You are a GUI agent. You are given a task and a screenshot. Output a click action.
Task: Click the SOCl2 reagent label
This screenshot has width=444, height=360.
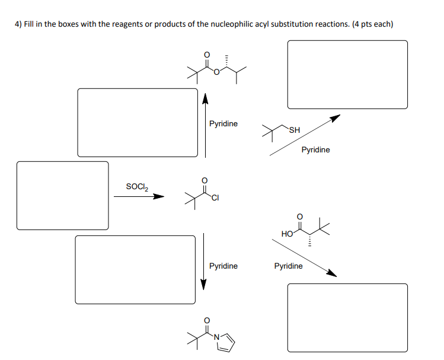pyautogui.click(x=137, y=187)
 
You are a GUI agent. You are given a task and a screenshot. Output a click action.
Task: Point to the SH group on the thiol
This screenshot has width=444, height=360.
pyautogui.click(x=295, y=130)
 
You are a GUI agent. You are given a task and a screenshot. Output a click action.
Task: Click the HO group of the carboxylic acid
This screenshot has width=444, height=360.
pyautogui.click(x=287, y=234)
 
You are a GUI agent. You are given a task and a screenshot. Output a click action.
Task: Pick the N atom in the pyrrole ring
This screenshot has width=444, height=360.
pyautogui.click(x=217, y=337)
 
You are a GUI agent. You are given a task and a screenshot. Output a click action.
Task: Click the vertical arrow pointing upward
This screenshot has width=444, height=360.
pyautogui.click(x=206, y=125)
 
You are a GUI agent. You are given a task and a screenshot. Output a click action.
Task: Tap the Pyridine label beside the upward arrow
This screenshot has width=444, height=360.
pyautogui.click(x=223, y=123)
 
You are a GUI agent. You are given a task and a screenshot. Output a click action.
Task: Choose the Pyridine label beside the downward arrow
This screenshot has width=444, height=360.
pyautogui.click(x=223, y=266)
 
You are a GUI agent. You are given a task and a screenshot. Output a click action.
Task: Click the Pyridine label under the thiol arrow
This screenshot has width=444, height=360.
pyautogui.click(x=315, y=150)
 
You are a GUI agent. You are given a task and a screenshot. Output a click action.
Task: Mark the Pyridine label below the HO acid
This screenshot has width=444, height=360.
pyautogui.click(x=288, y=266)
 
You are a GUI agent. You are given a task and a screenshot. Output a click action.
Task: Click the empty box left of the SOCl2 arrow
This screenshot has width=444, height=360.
pyautogui.click(x=62, y=195)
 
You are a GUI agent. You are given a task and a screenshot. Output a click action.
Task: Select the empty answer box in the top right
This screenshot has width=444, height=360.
pyautogui.click(x=347, y=74)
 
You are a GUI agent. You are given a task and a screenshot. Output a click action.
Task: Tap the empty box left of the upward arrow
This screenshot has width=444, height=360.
pyautogui.click(x=137, y=122)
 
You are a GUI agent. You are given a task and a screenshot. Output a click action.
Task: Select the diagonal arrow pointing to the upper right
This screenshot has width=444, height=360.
pyautogui.click(x=305, y=136)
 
